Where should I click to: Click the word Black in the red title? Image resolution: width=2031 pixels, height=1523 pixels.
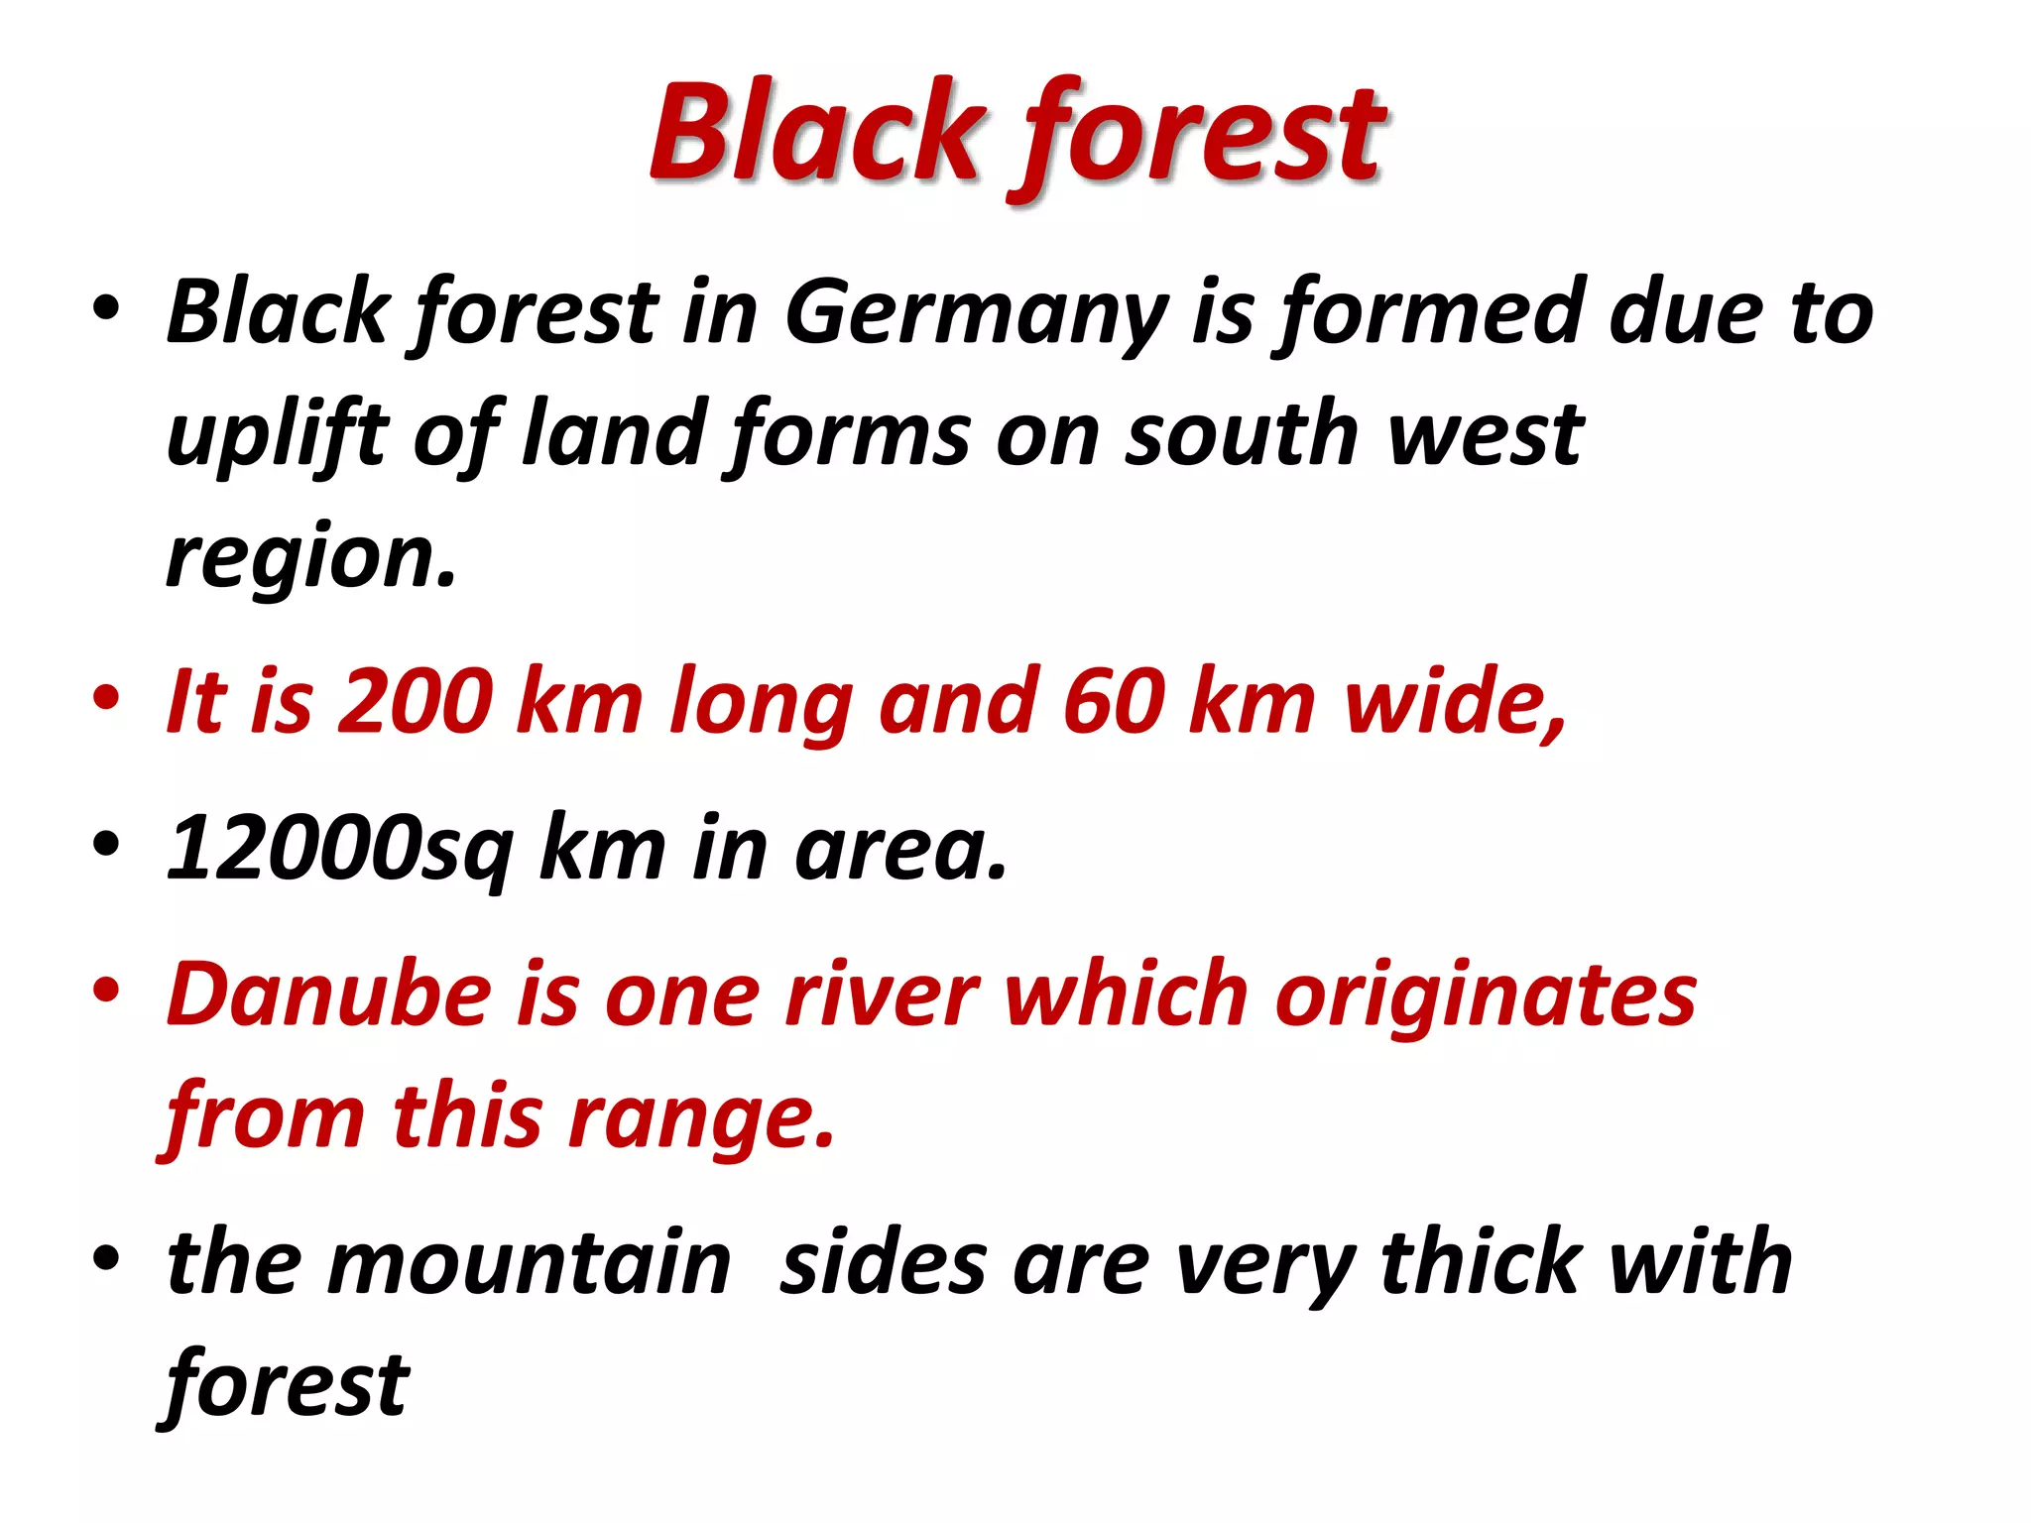click(x=815, y=133)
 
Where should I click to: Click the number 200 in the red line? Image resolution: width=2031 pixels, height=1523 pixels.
click(x=416, y=702)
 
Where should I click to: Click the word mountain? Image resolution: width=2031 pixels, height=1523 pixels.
click(x=532, y=1263)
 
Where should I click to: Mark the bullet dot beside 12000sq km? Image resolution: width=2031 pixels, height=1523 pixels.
click(x=106, y=845)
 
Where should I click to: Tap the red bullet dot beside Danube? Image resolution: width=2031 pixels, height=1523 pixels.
click(x=106, y=991)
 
